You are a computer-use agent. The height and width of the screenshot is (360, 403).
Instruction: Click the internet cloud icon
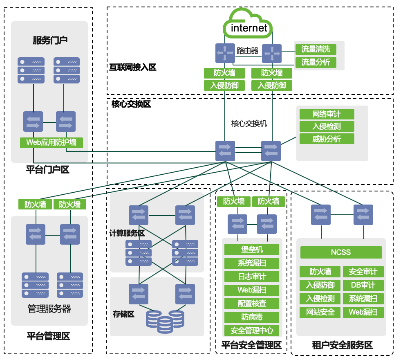248,25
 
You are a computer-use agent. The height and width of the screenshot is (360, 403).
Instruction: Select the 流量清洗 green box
316,49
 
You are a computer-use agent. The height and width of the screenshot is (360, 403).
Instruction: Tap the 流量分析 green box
316,62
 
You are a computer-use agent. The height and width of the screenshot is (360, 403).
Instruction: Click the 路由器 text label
248,51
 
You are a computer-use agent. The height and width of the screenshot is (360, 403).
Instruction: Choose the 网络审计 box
327,114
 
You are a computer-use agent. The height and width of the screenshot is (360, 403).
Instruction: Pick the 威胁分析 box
327,139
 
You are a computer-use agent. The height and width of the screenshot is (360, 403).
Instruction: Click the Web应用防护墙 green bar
51,142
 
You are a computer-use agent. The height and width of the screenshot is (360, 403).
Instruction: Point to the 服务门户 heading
50,40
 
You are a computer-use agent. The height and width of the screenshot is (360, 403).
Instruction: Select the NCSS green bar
341,252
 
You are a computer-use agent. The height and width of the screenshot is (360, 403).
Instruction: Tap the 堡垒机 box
252,250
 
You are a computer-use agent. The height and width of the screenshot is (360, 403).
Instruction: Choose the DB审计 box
363,285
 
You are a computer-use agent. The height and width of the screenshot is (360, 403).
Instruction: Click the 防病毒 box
252,317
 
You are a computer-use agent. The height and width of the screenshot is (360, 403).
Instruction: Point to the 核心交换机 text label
249,123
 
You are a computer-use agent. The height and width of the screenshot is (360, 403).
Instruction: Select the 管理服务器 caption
49,309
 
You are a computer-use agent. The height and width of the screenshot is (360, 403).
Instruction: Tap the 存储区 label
124,314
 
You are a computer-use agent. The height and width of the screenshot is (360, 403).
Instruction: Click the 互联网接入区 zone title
133,67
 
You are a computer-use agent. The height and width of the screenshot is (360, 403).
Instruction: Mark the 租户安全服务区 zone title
342,346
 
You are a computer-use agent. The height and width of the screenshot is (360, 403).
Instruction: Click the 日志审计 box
252,277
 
